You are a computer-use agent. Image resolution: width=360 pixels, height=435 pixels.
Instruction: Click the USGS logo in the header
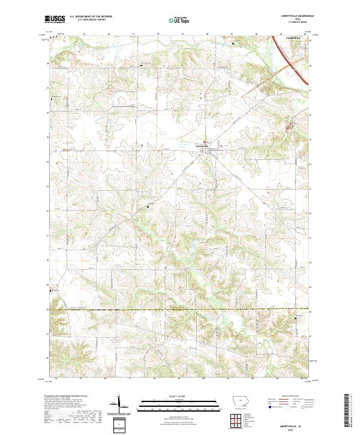tap(55, 19)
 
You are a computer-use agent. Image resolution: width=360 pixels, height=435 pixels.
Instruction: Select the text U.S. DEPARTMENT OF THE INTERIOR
tap(91, 17)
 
